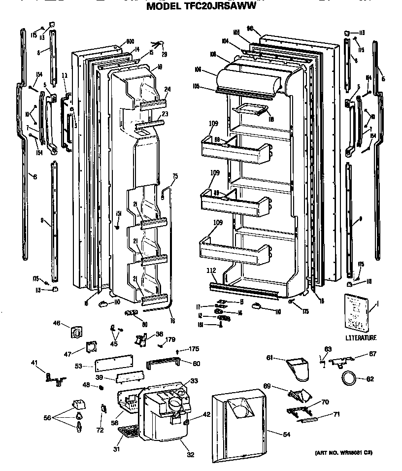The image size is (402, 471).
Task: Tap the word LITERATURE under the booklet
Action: coord(361,337)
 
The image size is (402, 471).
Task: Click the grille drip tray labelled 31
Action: coord(129,432)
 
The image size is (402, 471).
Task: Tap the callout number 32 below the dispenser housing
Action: coord(190,455)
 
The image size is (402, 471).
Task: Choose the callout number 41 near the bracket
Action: coord(34,363)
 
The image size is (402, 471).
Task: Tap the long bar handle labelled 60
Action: coord(162,364)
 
